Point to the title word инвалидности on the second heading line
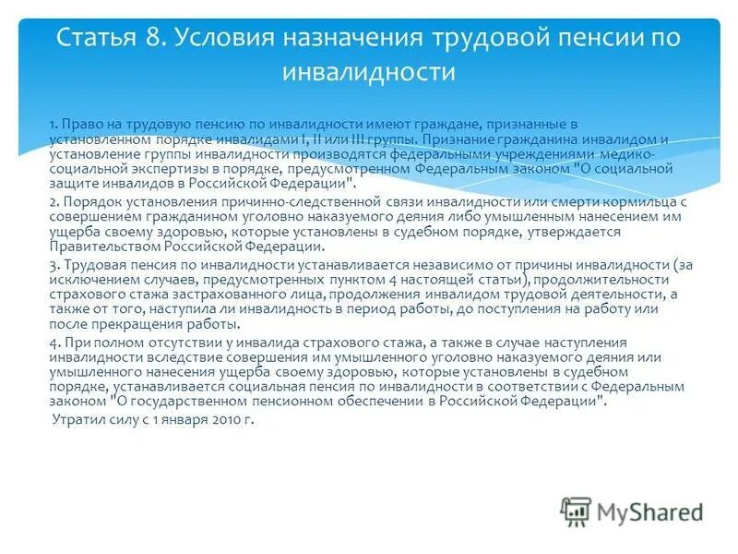(x=369, y=71)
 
